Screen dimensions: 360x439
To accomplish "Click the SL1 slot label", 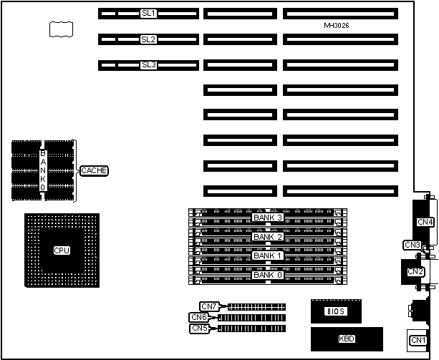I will pyautogui.click(x=149, y=13).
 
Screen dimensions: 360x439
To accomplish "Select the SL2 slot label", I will pyautogui.click(x=149, y=39).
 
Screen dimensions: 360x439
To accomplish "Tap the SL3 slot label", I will pyautogui.click(x=149, y=65).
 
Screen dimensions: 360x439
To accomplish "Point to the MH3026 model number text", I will pyautogui.click(x=336, y=26).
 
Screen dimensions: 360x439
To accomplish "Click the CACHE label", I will pyautogui.click(x=95, y=170).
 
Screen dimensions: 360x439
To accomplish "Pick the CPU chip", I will pyautogui.click(x=62, y=250).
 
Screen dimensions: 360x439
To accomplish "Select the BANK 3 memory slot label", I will pyautogui.click(x=269, y=217).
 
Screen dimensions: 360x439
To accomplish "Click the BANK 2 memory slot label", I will pyautogui.click(x=269, y=236).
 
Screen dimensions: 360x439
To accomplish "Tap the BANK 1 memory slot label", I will pyautogui.click(x=269, y=255).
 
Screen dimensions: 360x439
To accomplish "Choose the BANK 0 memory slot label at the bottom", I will pyautogui.click(x=269, y=274).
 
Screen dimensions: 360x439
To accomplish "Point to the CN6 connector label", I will pyautogui.click(x=199, y=317).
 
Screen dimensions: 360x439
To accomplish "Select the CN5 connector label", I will pyautogui.click(x=199, y=328).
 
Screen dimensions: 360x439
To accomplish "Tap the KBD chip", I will pyautogui.click(x=346, y=338).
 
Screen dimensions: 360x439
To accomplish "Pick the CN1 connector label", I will pyautogui.click(x=417, y=339).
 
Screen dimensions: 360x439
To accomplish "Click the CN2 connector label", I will pyautogui.click(x=415, y=271).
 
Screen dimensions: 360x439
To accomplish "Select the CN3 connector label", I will pyautogui.click(x=413, y=245).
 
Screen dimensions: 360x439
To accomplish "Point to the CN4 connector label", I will pyautogui.click(x=425, y=222).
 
